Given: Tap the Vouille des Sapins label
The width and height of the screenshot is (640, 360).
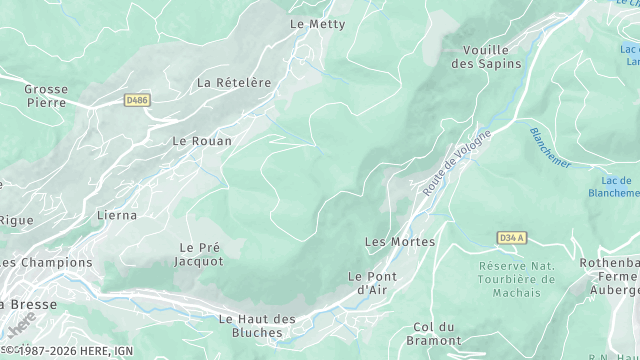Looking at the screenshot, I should [x=492, y=56].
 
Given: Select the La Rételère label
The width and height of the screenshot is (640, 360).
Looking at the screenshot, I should [x=234, y=82].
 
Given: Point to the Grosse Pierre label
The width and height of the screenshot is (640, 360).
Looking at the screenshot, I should [x=46, y=95].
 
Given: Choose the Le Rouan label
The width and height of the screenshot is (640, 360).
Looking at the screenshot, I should [x=202, y=141].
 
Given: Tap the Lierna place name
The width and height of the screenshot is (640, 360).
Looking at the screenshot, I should [x=116, y=214].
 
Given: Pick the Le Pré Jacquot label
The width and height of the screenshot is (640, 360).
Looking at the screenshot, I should [x=200, y=254].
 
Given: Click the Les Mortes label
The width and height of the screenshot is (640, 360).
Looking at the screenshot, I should [x=399, y=242].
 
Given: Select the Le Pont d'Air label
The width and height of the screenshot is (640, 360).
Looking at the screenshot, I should [x=372, y=283].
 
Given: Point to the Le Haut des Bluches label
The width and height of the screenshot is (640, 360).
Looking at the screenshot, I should [x=257, y=326].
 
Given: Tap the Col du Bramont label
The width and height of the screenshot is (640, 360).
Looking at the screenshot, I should [x=433, y=334].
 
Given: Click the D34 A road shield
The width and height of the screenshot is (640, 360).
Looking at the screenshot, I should [x=511, y=237].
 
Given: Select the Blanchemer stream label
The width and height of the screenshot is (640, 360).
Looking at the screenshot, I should [x=550, y=147].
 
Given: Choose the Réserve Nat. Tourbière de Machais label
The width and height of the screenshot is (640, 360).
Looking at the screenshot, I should [x=517, y=278].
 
